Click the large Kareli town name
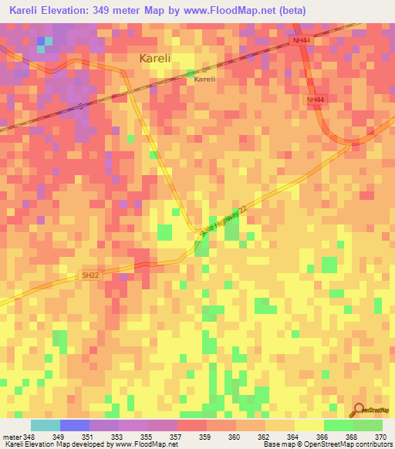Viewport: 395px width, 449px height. click(160, 58)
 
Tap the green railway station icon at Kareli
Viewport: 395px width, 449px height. click(191, 74)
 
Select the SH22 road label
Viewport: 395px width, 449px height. click(91, 274)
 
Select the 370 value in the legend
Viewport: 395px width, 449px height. click(381, 436)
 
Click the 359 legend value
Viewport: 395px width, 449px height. click(206, 436)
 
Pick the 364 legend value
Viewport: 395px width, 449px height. click(294, 436)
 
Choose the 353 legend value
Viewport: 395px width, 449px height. click(118, 436)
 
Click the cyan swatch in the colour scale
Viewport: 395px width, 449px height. click(45, 425)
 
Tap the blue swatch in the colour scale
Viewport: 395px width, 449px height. click(74, 425)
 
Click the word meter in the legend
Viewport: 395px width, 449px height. click(10, 436)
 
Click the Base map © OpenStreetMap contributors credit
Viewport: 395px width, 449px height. click(327, 444)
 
